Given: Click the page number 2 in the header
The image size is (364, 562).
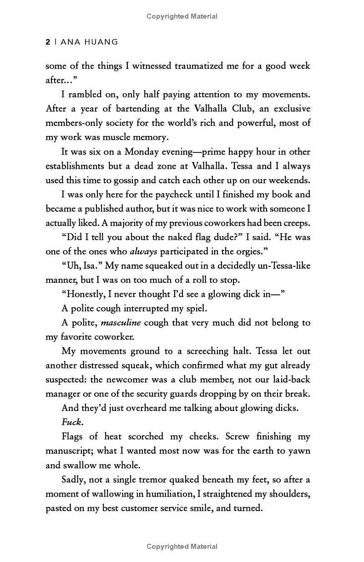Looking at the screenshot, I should pyautogui.click(x=48, y=42).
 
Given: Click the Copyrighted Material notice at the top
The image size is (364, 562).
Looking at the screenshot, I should pyautogui.click(x=182, y=16).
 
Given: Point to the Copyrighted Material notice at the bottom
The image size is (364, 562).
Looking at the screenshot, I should pyautogui.click(x=182, y=547).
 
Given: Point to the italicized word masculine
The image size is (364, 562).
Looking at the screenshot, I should pyautogui.click(x=121, y=323).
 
